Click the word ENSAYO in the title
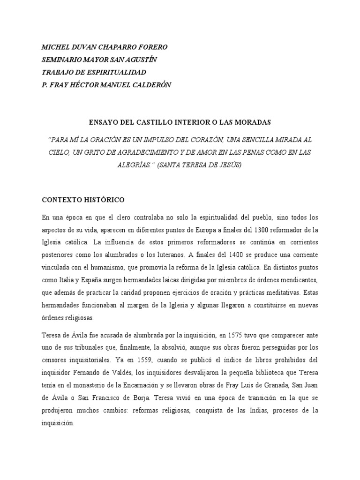point(103,122)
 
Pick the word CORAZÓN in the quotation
point(204,140)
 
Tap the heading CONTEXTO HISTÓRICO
point(83,200)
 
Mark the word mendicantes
point(298,280)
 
